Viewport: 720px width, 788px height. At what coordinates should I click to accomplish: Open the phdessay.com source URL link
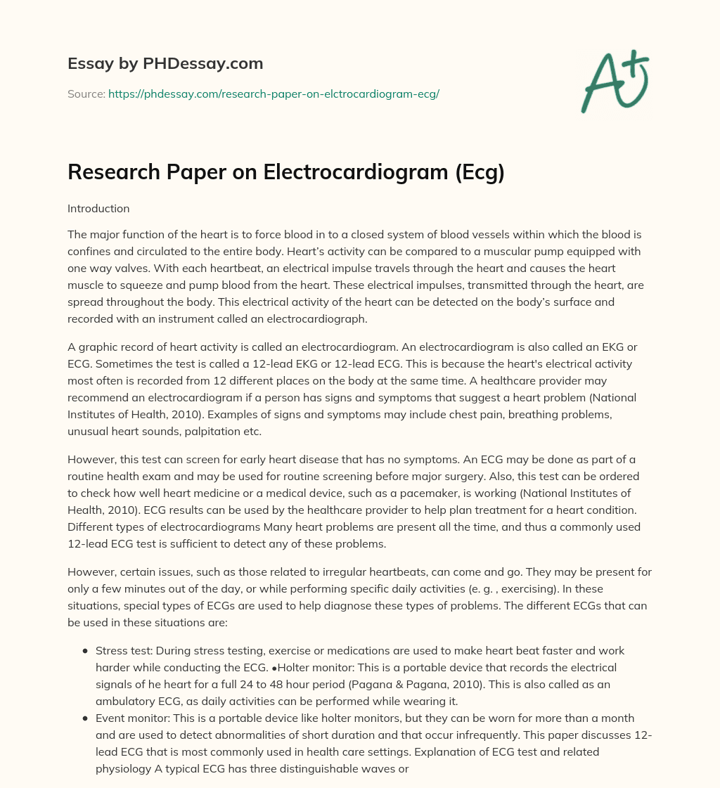(274, 93)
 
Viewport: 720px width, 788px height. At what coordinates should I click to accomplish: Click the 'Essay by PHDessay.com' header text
(165, 64)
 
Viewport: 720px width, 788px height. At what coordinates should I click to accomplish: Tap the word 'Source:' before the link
(86, 93)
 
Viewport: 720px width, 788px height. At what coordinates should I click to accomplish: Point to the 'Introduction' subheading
(98, 209)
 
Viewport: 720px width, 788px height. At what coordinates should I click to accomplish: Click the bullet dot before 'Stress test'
(85, 651)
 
